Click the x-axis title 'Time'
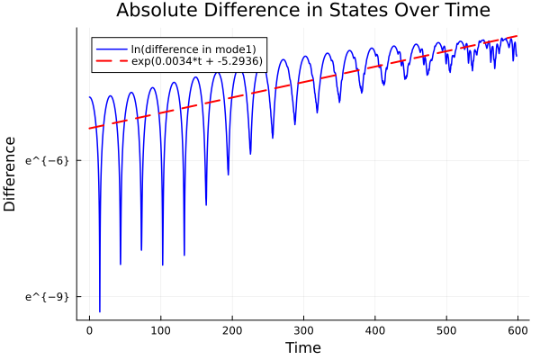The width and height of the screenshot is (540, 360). coord(302,347)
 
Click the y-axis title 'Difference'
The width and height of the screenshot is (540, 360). coord(11,174)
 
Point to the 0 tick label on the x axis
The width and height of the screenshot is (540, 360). coord(89,330)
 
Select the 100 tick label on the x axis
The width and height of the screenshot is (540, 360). coord(161,330)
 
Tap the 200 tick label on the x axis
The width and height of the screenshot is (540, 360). coord(232,330)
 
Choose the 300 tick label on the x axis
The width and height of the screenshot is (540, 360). coord(303,330)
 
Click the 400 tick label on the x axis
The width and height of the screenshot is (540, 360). coord(375,330)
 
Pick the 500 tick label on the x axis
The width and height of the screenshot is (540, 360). coord(446,330)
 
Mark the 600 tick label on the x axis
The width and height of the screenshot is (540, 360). coord(517,330)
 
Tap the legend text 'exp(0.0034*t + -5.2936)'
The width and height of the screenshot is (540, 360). coord(203,62)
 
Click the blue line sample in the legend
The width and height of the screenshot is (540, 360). coord(112,49)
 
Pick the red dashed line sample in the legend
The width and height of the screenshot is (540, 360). coord(112,62)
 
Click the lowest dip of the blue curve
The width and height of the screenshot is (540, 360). coord(100,311)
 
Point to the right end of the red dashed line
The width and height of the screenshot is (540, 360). coord(517,36)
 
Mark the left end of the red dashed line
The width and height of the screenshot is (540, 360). coord(89,129)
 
